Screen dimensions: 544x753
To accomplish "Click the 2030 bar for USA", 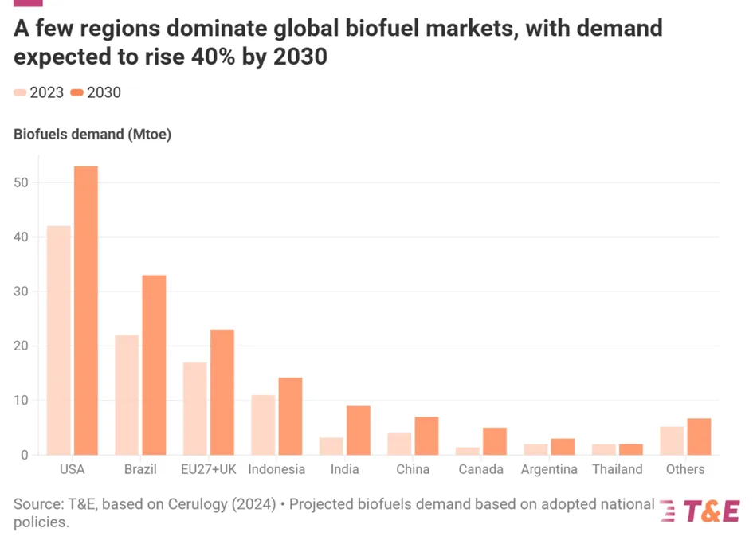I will pyautogui.click(x=86, y=311).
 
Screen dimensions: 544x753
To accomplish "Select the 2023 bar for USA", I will pyautogui.click(x=59, y=340).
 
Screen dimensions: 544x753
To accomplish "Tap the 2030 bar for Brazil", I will pyautogui.click(x=154, y=365).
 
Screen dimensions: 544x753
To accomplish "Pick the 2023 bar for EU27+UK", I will pyautogui.click(x=195, y=409).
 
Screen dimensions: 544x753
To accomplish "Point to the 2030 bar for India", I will pyautogui.click(x=358, y=430).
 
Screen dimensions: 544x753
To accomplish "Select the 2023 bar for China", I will pyautogui.click(x=399, y=444).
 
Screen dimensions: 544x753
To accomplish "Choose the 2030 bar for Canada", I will pyautogui.click(x=494, y=441).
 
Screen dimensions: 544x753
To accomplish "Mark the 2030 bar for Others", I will pyautogui.click(x=699, y=436).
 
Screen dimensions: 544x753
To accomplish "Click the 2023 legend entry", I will pyautogui.click(x=38, y=92).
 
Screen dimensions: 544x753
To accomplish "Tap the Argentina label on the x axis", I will pyautogui.click(x=549, y=469).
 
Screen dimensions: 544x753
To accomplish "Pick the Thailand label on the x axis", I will pyautogui.click(x=618, y=469).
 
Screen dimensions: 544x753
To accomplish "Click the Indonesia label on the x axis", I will pyautogui.click(x=276, y=469).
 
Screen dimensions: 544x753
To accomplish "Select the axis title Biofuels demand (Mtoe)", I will pyautogui.click(x=92, y=134).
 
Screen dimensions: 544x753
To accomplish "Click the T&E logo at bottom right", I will pyautogui.click(x=700, y=511).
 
